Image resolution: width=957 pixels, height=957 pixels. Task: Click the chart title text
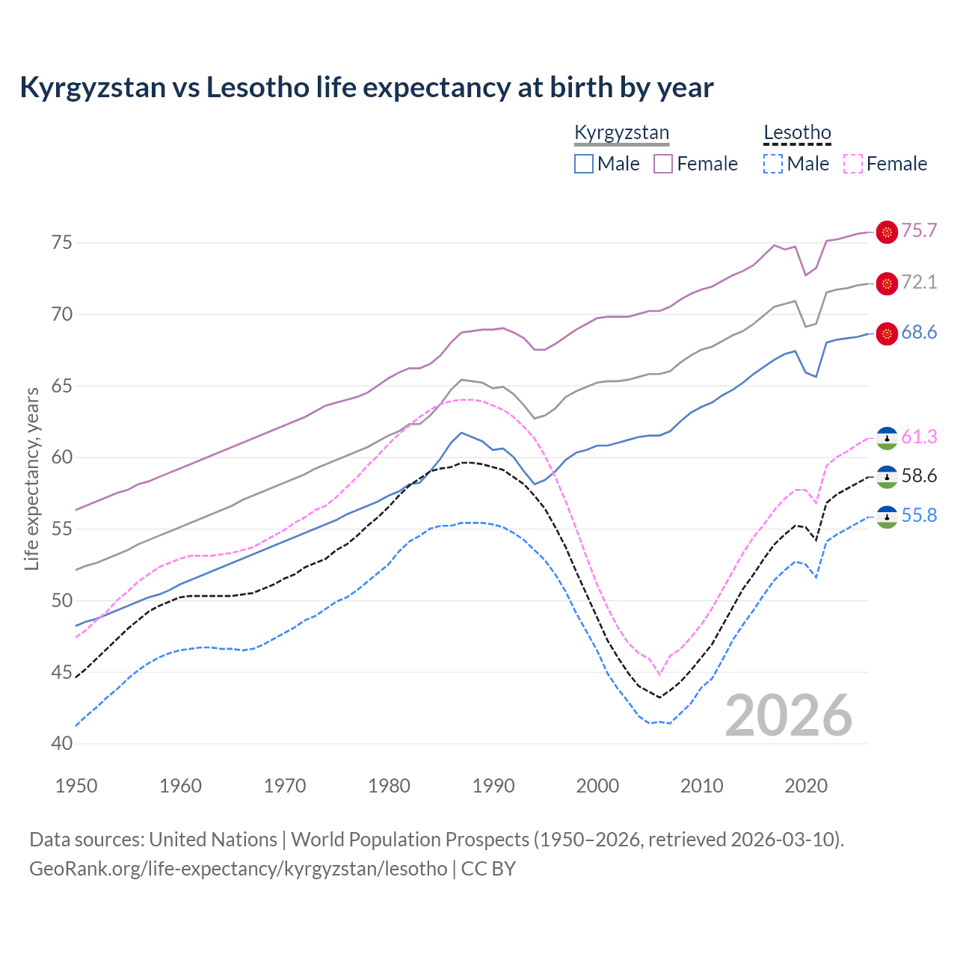[366, 87]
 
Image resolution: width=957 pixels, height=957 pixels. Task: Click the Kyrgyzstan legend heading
[621, 133]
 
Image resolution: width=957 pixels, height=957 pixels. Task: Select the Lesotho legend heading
[797, 133]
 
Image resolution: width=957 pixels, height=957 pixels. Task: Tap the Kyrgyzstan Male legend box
[584, 164]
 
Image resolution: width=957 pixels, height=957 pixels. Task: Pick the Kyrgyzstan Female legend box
[663, 164]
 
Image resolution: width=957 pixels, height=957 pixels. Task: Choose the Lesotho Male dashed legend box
[773, 164]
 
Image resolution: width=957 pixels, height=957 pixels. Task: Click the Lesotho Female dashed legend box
[852, 164]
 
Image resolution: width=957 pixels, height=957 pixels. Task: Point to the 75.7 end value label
[919, 230]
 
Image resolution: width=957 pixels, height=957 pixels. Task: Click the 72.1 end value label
[919, 282]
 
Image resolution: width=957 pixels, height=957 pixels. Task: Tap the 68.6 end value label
[919, 332]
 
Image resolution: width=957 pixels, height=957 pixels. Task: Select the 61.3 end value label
[919, 437]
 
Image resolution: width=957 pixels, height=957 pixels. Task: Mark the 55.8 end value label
[919, 515]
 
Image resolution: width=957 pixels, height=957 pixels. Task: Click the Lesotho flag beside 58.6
[887, 476]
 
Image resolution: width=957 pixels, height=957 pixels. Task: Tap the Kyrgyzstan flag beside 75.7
[887, 233]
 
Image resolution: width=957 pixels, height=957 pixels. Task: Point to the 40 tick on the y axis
[62, 744]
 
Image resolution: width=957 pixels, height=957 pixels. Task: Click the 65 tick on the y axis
[62, 386]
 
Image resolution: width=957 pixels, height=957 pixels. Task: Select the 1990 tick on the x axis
[493, 786]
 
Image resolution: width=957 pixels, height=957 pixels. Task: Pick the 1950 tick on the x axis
[77, 786]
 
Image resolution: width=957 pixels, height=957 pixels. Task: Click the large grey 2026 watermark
[789, 716]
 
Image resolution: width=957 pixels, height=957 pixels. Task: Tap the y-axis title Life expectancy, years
[31, 478]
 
